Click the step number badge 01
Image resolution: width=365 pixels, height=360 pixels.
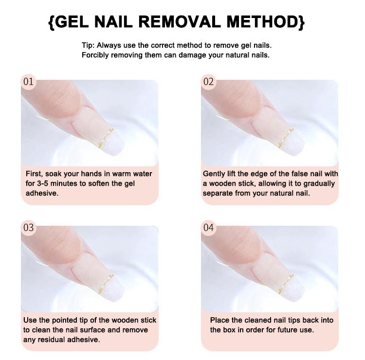29,82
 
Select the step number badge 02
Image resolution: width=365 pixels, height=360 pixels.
208,82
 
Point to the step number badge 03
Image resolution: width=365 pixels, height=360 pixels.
29,227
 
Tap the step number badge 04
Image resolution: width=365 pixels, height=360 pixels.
208,227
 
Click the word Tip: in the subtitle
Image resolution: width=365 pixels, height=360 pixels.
89,45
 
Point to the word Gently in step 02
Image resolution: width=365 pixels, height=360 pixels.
215,174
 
